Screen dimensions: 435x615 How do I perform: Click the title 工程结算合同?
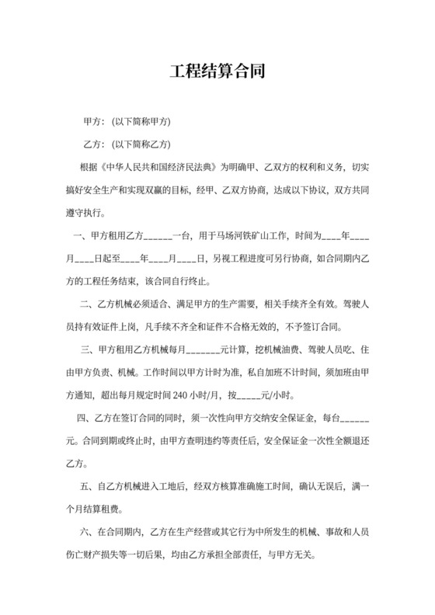pos(217,73)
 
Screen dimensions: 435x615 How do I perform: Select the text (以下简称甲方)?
pos(142,123)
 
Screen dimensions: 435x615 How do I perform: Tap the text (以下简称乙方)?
pos(142,144)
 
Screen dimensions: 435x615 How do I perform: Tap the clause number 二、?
pos(86,304)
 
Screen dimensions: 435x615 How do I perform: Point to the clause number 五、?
pos(86,488)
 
